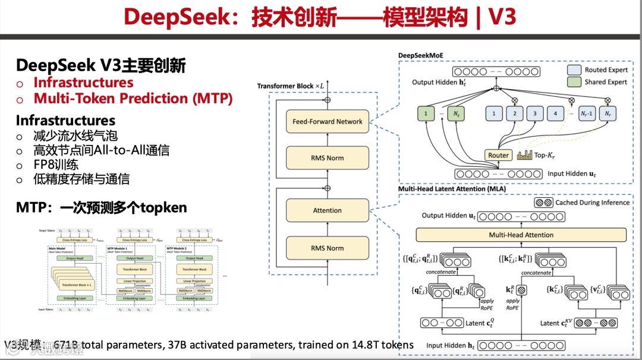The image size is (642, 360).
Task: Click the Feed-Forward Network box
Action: pyautogui.click(x=327, y=121)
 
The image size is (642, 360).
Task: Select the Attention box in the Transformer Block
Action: pyautogui.click(x=327, y=210)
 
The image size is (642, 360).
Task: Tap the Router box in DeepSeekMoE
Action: pyautogui.click(x=498, y=155)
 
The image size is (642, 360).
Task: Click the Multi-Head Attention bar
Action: pyautogui.click(x=521, y=235)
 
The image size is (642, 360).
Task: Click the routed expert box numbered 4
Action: pyautogui.click(x=555, y=113)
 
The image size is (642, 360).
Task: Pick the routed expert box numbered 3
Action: pyautogui.click(x=535, y=113)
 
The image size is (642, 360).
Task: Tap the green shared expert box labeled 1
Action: pyautogui.click(x=425, y=113)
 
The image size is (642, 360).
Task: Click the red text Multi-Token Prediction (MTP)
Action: pyautogui.click(x=133, y=98)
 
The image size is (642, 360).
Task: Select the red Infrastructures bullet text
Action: pyautogui.click(x=83, y=83)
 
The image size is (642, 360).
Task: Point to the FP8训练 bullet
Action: pyautogui.click(x=56, y=165)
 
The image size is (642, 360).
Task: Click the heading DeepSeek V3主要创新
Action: pyautogui.click(x=101, y=65)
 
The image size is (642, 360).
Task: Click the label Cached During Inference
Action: pyautogui.click(x=592, y=203)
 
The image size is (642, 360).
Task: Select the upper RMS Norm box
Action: pyautogui.click(x=327, y=158)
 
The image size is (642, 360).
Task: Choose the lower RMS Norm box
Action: pyautogui.click(x=327, y=248)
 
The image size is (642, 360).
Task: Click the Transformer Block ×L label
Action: pyautogui.click(x=291, y=86)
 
